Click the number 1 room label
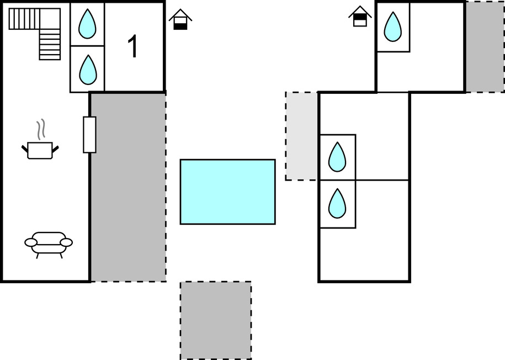coord(133,46)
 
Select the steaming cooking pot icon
coord(40,150)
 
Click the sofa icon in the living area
coord(49,243)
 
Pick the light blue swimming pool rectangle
coord(227,192)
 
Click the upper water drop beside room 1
coord(87,24)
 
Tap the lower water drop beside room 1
coord(87,69)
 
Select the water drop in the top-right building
coord(393,27)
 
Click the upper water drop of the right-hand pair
coord(337,157)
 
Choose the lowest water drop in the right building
coord(337,203)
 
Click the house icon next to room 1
coord(180,20)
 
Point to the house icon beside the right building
coord(360,16)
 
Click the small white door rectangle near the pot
coord(89,134)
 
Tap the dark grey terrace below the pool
coord(216,320)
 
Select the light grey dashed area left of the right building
coord(302,136)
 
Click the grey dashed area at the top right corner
coord(485,46)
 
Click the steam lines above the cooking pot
coord(40,130)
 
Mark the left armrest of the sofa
coord(31,242)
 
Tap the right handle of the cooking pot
coord(55,147)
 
